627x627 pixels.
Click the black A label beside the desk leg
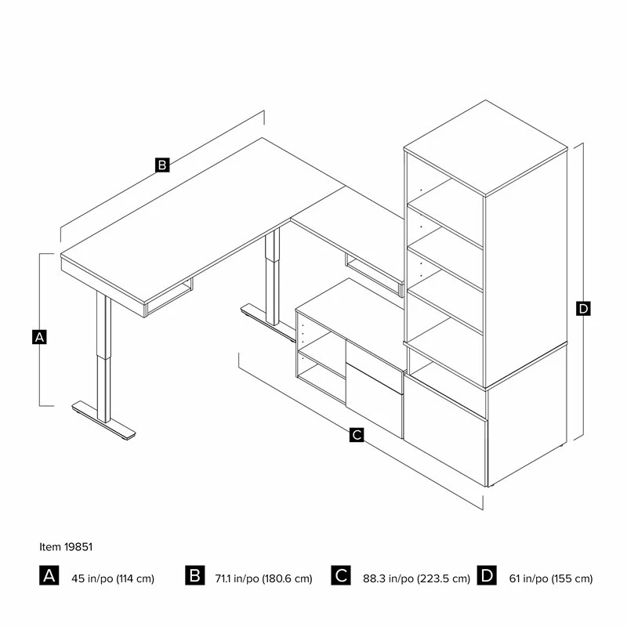click(x=39, y=337)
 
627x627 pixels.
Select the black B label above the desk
click(x=162, y=165)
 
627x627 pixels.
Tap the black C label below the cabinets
click(x=357, y=434)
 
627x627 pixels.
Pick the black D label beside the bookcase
click(x=583, y=308)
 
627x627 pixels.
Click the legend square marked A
click(x=49, y=575)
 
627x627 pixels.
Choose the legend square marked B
click(x=194, y=575)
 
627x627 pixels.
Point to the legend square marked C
click(x=341, y=575)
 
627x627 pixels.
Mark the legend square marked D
click(x=487, y=575)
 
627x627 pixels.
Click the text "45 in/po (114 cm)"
click(x=113, y=578)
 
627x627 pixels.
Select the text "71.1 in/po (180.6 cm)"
click(x=263, y=578)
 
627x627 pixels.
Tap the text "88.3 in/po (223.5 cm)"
click(x=416, y=578)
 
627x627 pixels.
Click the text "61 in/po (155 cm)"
click(x=551, y=578)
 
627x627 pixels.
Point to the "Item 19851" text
click(x=66, y=546)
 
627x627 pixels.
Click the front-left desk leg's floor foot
click(x=103, y=421)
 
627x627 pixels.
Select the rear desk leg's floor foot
click(x=268, y=323)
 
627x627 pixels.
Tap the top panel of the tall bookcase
click(x=485, y=148)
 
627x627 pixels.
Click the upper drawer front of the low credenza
click(x=374, y=367)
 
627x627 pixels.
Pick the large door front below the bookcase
click(x=445, y=430)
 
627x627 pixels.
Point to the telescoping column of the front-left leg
click(x=103, y=356)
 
